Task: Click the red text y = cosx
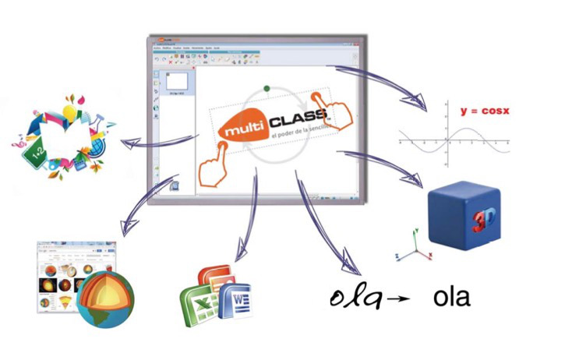pos(484,111)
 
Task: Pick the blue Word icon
pos(235,299)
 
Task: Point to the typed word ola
pos(452,298)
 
